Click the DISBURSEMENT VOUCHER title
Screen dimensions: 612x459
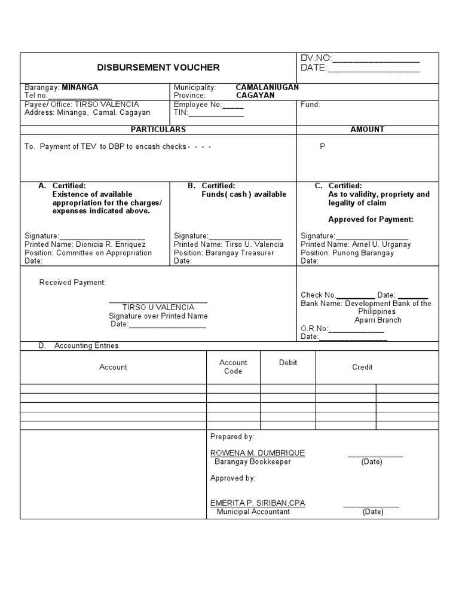click(158, 68)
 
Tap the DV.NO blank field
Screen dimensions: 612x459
click(375, 58)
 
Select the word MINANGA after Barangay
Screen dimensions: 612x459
click(80, 87)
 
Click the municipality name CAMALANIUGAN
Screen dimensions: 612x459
click(267, 87)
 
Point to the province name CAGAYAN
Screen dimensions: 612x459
click(255, 96)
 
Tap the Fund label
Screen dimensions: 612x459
click(310, 105)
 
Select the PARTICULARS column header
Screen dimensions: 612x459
click(158, 130)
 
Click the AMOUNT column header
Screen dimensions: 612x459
click(367, 130)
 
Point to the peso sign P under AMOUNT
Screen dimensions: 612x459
click(323, 146)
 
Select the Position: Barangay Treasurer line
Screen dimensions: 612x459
click(224, 253)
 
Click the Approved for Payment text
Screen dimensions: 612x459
click(371, 219)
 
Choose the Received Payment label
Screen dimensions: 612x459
click(72, 283)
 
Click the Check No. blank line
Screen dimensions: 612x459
click(356, 295)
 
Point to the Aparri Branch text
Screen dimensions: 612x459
click(378, 320)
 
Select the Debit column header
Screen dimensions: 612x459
click(288, 363)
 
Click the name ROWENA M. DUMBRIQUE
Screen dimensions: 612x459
click(258, 453)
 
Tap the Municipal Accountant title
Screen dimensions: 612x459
click(253, 512)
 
